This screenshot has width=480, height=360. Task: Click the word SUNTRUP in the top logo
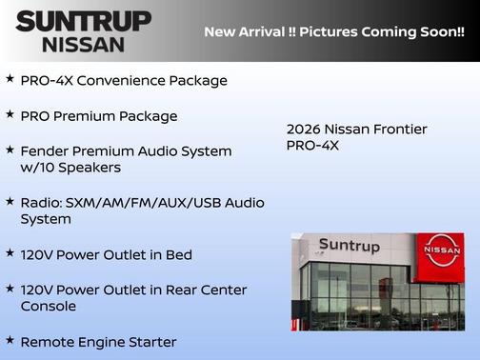click(83, 21)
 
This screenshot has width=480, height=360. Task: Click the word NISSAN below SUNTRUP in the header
click(83, 44)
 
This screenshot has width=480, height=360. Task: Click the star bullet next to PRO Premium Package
click(10, 114)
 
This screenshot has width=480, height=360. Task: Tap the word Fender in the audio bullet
click(44, 150)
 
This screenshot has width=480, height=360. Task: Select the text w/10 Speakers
click(70, 168)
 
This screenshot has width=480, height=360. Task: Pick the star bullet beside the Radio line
click(10, 201)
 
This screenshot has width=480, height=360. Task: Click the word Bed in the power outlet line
click(178, 254)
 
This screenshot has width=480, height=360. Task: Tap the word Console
click(49, 306)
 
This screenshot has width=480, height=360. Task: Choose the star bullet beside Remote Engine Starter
click(10, 339)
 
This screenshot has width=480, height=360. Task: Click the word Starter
click(151, 341)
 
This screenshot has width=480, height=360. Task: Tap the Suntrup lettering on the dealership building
click(349, 246)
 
